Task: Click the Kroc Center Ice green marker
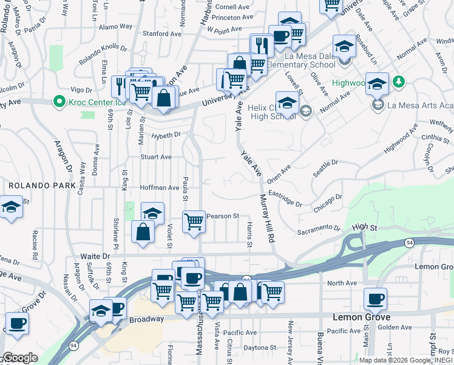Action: [59, 100]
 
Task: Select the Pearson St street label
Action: [223, 216]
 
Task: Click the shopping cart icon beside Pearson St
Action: [194, 221]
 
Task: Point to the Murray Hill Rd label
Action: [267, 217]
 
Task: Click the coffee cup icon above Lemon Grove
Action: [374, 299]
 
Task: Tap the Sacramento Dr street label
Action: [319, 230]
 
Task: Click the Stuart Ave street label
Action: [156, 157]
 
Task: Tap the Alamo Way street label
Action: [115, 27]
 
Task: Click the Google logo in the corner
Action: [20, 358]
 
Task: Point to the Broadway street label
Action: [146, 319]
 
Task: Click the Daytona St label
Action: [259, 348]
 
